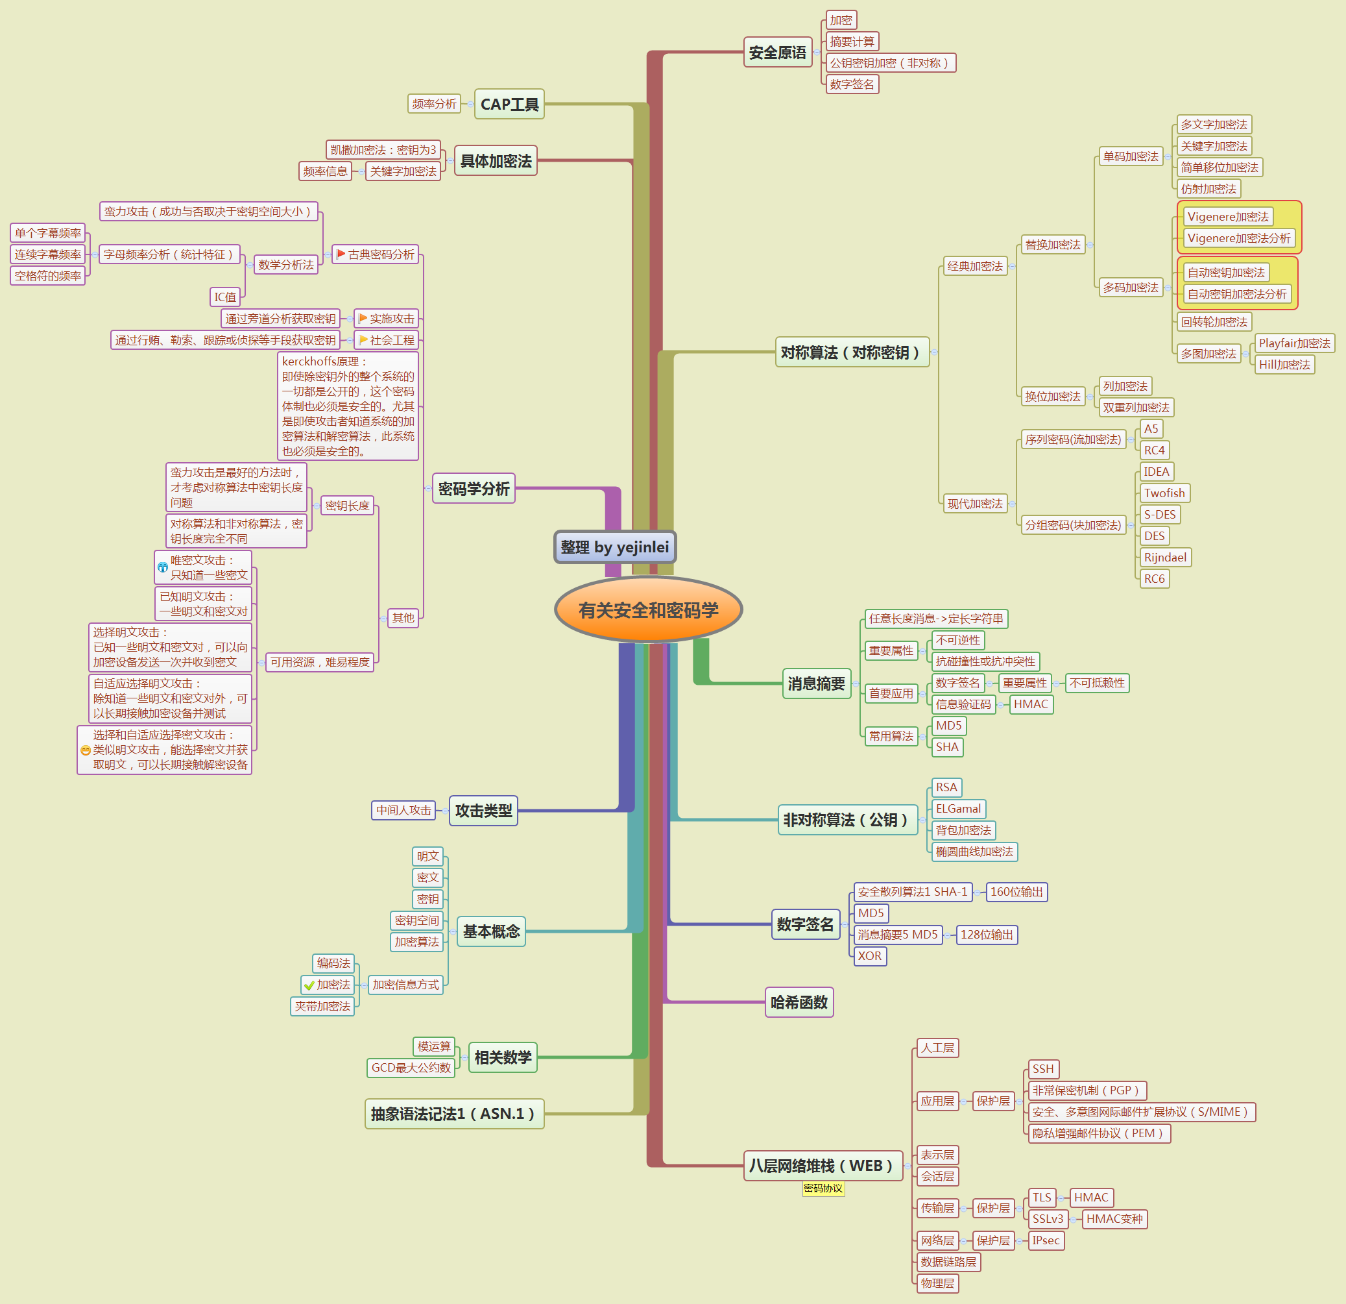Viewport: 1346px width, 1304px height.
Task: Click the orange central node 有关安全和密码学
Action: coord(648,609)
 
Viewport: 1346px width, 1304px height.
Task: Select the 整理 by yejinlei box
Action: coord(615,547)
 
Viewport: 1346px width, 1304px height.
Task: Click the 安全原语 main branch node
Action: coord(777,52)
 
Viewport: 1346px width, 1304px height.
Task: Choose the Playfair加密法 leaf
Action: coord(1294,343)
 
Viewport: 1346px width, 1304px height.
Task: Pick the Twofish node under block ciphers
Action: coord(1164,493)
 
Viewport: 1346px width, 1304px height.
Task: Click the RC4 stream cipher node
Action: coord(1154,450)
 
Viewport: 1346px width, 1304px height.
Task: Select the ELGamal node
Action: coord(958,809)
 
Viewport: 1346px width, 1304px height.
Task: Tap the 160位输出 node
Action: coord(1016,892)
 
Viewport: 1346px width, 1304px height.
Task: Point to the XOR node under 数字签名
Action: coord(869,955)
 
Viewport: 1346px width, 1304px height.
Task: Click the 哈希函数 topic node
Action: coord(799,1002)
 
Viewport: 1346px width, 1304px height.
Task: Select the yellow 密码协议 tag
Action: coord(823,1188)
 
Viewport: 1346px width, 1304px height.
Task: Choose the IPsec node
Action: coord(1045,1240)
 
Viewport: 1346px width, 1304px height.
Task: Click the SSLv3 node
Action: coord(1047,1219)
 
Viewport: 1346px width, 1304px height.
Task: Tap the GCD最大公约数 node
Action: coord(411,1068)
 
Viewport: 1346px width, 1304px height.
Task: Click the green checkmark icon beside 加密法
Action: coord(309,985)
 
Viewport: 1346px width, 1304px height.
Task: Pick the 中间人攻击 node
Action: coord(403,811)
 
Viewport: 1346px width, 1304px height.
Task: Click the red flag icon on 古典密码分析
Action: coord(341,254)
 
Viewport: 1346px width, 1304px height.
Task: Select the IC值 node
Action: coord(225,297)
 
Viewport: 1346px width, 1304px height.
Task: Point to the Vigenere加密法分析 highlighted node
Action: coord(1238,238)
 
